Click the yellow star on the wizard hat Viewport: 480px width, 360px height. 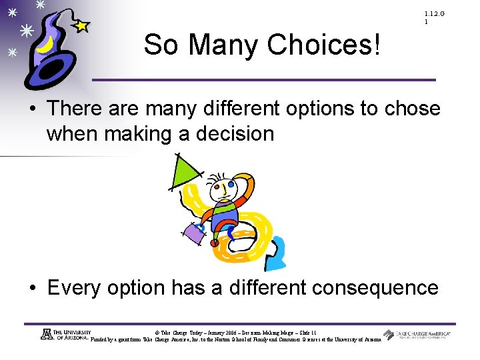tap(81, 26)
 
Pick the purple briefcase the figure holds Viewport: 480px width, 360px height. tap(194, 233)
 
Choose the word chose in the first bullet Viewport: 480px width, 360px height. tap(411, 108)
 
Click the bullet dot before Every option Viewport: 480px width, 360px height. tap(33, 289)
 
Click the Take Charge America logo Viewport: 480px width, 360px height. tap(417, 335)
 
